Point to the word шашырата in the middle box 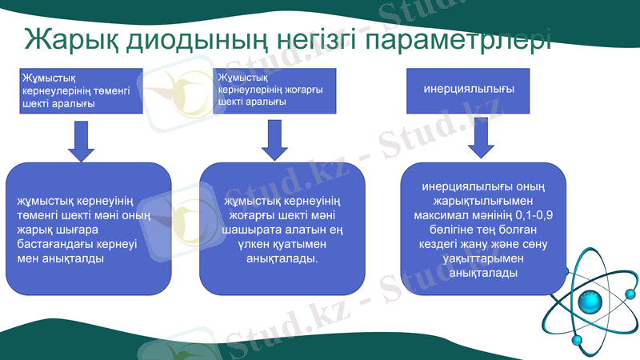click(x=252, y=230)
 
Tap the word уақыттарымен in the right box click(x=482, y=259)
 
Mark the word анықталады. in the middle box click(x=282, y=259)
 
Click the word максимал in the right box click(x=442, y=216)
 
